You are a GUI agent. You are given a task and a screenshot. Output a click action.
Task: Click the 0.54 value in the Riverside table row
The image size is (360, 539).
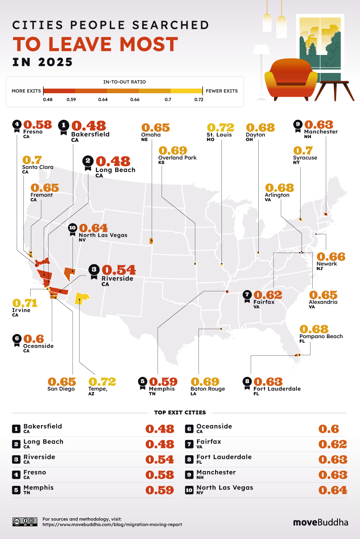point(159,459)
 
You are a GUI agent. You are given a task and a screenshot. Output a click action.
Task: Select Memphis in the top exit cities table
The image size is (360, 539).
point(38,488)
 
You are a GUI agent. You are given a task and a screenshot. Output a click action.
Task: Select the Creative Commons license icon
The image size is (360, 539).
point(24,522)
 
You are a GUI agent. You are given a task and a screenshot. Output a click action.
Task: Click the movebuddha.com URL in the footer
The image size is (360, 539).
point(112,525)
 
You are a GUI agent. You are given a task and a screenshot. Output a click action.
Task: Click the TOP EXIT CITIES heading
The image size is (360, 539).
point(180,412)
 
